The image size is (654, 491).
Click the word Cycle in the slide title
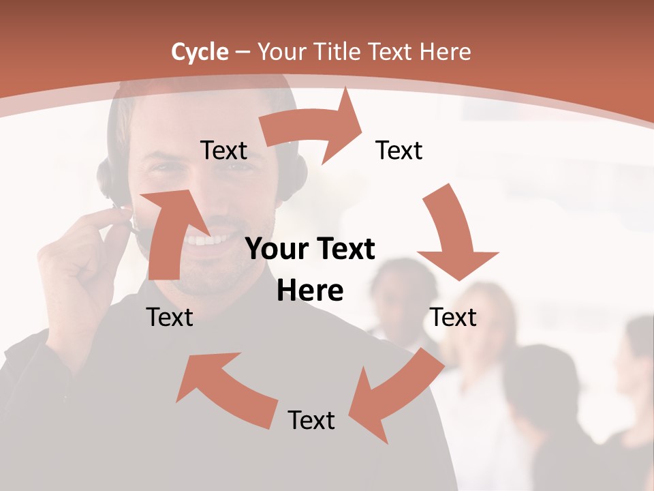point(200,52)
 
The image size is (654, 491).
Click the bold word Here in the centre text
point(310,291)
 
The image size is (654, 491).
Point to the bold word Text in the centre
point(343,249)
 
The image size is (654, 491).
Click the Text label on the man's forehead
point(223,150)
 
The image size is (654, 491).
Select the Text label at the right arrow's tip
point(399,150)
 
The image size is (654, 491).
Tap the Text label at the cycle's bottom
point(311,420)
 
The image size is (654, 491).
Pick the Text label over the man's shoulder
point(170,317)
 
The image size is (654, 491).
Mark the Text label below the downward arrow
point(454,317)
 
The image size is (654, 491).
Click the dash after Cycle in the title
point(243,53)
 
